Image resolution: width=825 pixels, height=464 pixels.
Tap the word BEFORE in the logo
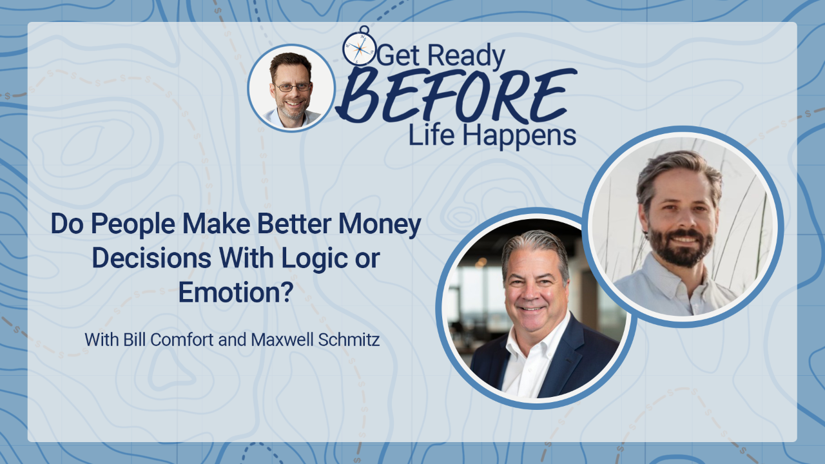click(x=456, y=96)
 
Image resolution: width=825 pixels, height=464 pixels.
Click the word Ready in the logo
click(x=466, y=56)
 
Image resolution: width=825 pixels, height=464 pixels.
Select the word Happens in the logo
click(x=519, y=136)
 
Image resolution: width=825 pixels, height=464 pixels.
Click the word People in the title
click(x=133, y=224)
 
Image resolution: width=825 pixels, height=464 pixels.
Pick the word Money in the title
click(x=380, y=224)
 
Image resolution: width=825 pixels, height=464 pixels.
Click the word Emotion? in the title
click(x=236, y=292)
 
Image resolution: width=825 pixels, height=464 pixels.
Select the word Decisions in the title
click(x=151, y=258)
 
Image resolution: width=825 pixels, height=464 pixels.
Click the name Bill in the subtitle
click(x=135, y=340)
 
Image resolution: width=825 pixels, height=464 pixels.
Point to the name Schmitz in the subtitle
click(x=349, y=340)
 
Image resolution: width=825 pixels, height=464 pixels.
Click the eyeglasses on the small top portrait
click(x=293, y=87)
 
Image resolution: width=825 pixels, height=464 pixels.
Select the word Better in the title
click(x=294, y=224)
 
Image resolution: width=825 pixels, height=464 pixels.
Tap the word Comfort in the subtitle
click(x=182, y=340)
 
